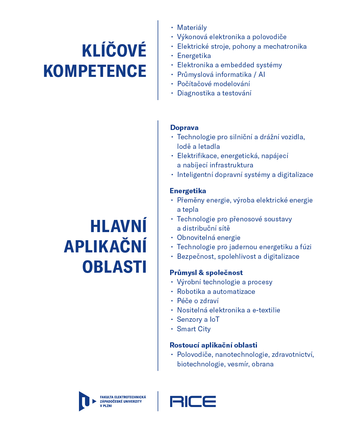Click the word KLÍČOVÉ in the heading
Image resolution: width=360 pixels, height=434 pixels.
tap(114, 51)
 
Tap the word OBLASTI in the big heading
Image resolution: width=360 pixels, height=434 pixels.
tap(114, 267)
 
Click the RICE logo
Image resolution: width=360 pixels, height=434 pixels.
tap(193, 402)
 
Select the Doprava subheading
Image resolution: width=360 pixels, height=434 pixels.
tap(184, 128)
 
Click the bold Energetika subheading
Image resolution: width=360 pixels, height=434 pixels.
tap(188, 191)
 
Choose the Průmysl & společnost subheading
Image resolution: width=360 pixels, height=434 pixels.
tap(206, 273)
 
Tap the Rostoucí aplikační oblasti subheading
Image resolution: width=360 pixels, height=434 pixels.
tap(213, 345)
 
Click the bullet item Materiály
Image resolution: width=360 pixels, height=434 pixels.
tap(192, 28)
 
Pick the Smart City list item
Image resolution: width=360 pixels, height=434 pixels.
tap(194, 329)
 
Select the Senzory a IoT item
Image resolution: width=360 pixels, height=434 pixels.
tap(198, 319)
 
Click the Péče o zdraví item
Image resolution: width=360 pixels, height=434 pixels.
tap(198, 301)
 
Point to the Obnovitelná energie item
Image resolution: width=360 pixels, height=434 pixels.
tap(209, 238)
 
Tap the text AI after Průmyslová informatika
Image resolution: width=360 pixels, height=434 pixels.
tap(262, 75)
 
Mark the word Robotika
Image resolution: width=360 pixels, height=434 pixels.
tap(191, 292)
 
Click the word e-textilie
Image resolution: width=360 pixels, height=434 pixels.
tap(266, 310)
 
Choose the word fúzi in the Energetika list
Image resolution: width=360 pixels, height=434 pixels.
tap(306, 247)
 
